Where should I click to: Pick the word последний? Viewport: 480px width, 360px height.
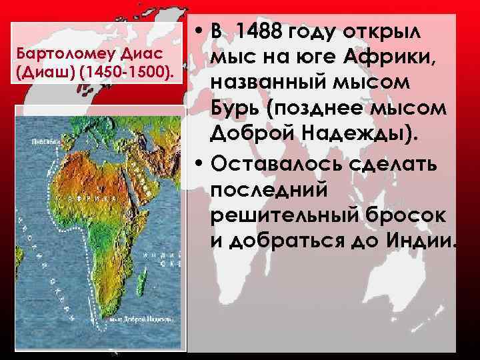point(271,190)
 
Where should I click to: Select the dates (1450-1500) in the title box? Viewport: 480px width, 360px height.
point(128,69)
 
